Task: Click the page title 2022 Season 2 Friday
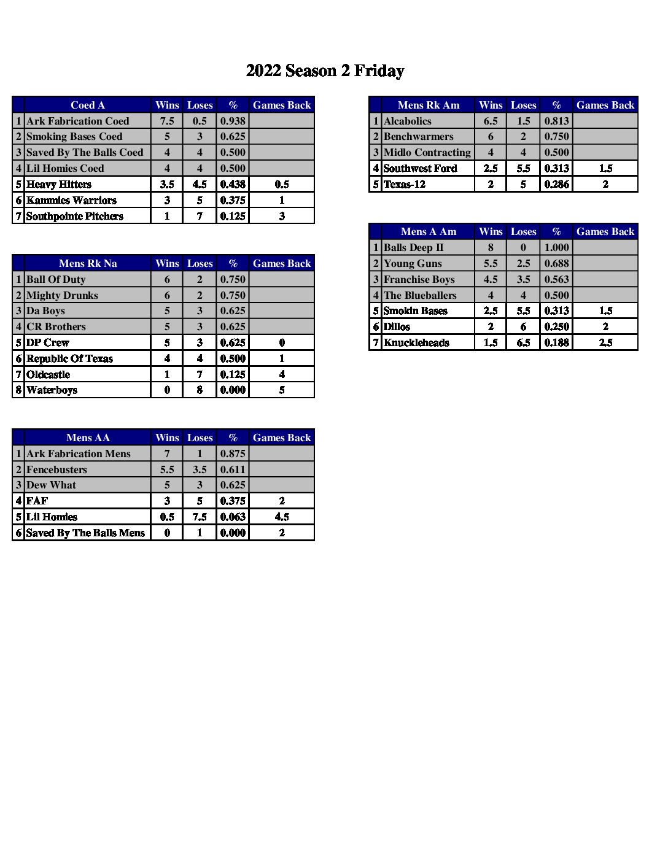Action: pos(325,71)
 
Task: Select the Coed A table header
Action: pos(88,105)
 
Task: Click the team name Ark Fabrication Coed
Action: pos(78,121)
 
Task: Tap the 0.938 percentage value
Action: pos(233,121)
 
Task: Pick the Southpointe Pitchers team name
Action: pos(75,216)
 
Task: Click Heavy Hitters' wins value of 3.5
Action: pos(167,184)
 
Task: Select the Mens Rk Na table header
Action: pos(88,263)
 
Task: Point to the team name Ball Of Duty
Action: pos(56,279)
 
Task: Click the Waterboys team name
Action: pos(52,390)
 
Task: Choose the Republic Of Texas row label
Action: pos(69,358)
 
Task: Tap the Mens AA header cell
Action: pos(88,438)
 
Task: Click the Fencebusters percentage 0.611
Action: pos(233,469)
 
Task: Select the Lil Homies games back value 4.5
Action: pos(282,517)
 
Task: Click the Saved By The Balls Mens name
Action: pos(85,533)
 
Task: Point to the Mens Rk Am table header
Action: pos(429,105)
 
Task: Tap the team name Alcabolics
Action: pos(408,121)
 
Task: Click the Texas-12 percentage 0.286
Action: pos(556,184)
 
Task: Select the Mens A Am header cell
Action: pos(429,231)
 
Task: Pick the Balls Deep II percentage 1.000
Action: pos(556,247)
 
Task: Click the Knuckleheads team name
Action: pos(416,342)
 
